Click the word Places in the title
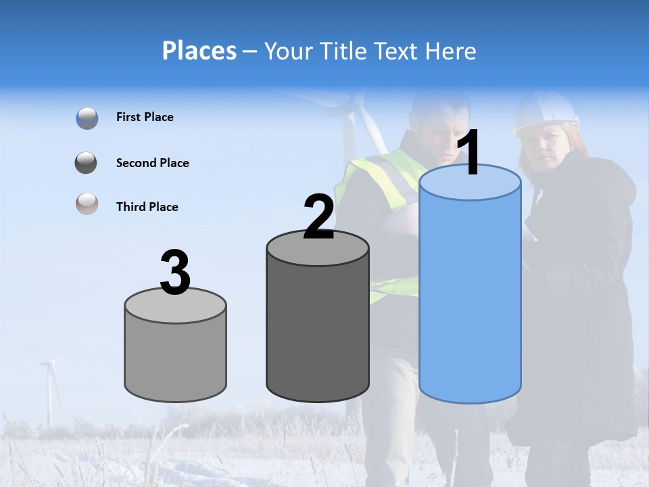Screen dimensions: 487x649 [199, 51]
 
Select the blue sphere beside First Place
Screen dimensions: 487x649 [87, 118]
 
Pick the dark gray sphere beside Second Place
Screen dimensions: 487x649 [86, 163]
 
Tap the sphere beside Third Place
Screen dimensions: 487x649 [87, 204]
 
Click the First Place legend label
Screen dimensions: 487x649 [145, 117]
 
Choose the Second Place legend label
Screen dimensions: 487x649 [152, 163]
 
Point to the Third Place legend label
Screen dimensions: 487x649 [147, 207]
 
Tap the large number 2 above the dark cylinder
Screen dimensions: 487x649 [319, 216]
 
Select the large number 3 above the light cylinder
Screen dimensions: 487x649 [176, 273]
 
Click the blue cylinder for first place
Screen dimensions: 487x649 [470, 298]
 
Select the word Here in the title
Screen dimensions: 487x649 [452, 51]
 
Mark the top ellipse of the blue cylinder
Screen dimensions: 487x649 [470, 182]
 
